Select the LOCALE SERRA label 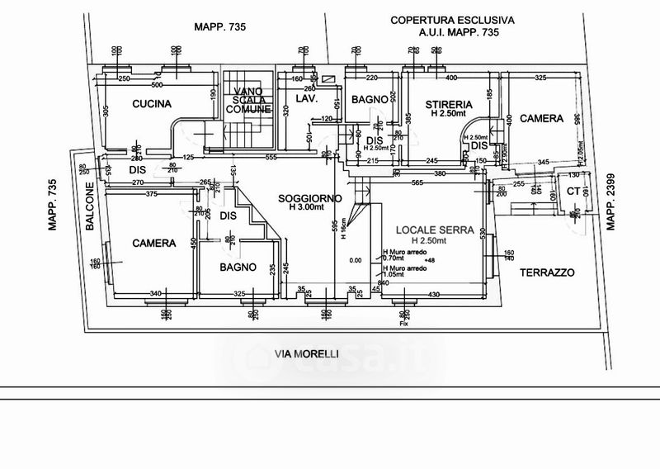coord(422,230)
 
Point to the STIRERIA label coord(449,104)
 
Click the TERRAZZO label coord(546,272)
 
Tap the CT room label coord(573,192)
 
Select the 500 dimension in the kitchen coord(156,85)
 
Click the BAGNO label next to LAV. coord(369,100)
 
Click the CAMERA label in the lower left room coord(154,244)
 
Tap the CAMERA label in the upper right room coord(541,118)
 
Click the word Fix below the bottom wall coord(404,324)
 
